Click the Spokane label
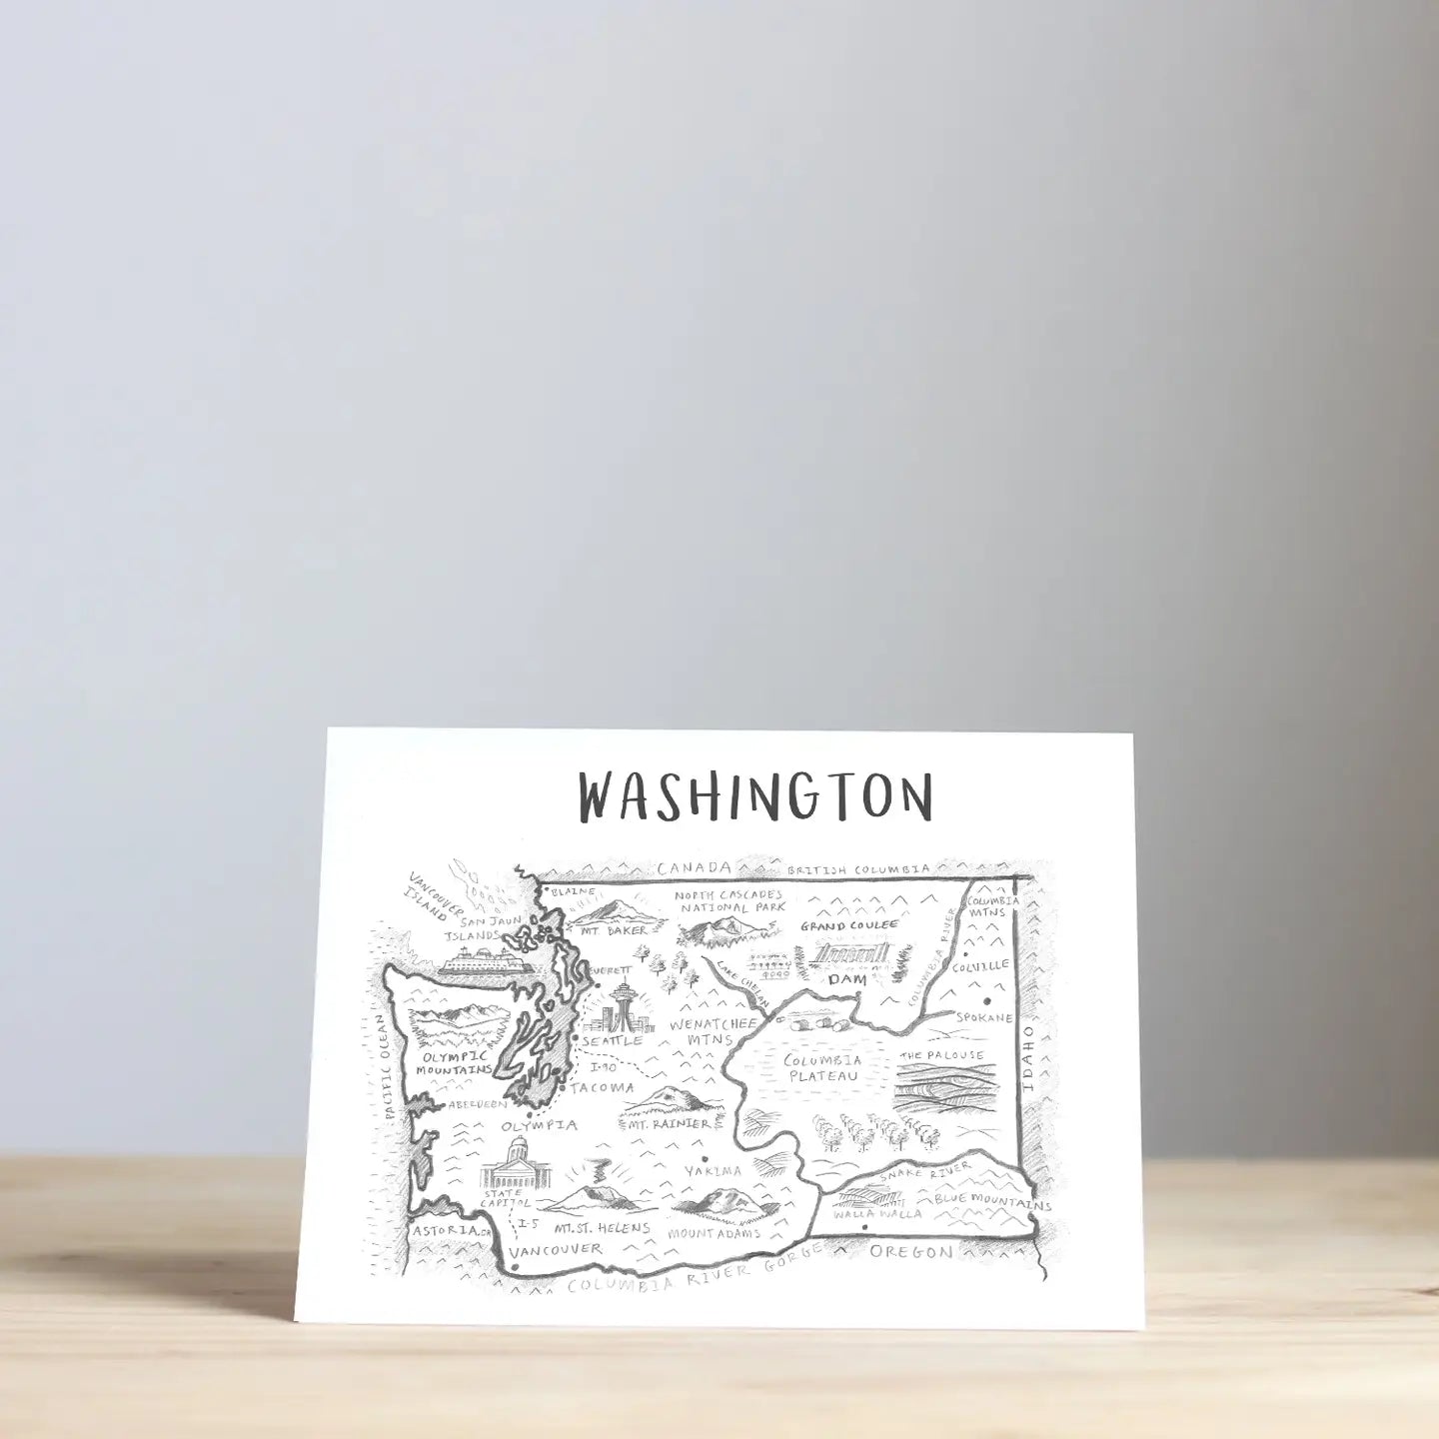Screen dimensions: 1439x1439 point(983,1017)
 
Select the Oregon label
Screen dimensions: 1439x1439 point(910,1251)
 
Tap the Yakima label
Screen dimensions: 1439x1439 point(713,1170)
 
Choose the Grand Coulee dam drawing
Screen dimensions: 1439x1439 point(849,955)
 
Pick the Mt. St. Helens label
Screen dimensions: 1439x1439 point(603,1228)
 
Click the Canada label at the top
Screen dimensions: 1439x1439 point(695,867)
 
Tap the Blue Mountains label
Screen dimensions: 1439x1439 point(992,1200)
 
